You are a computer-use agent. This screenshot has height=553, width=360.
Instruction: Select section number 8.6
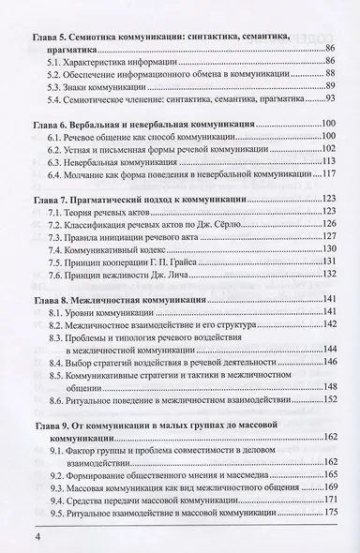click(60, 397)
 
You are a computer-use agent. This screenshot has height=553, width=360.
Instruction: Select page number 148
click(329, 384)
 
